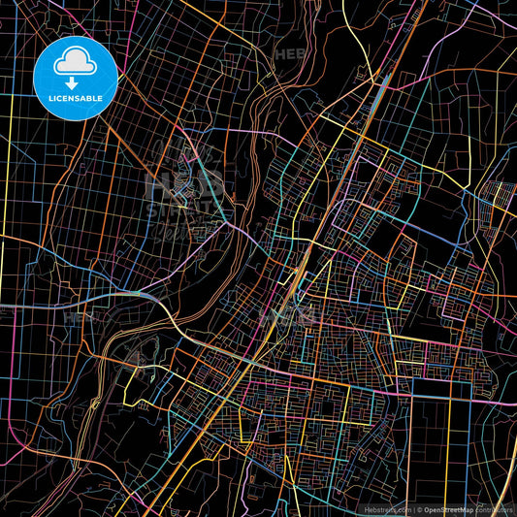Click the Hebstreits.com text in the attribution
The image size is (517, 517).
point(386,509)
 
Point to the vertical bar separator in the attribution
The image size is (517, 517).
point(415,509)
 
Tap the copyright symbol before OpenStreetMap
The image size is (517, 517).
point(422,509)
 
